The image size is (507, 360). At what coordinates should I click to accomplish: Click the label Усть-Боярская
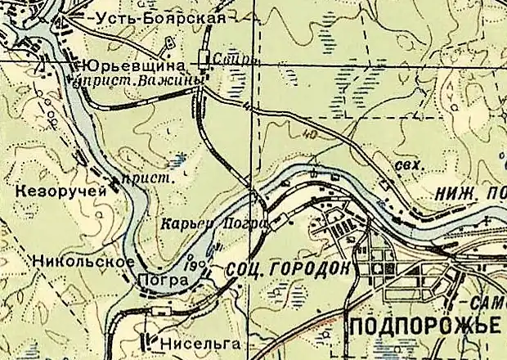coord(138,18)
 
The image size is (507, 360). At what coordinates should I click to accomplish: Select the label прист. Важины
coord(135,81)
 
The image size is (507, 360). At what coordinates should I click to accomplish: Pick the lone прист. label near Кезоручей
coord(137,177)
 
